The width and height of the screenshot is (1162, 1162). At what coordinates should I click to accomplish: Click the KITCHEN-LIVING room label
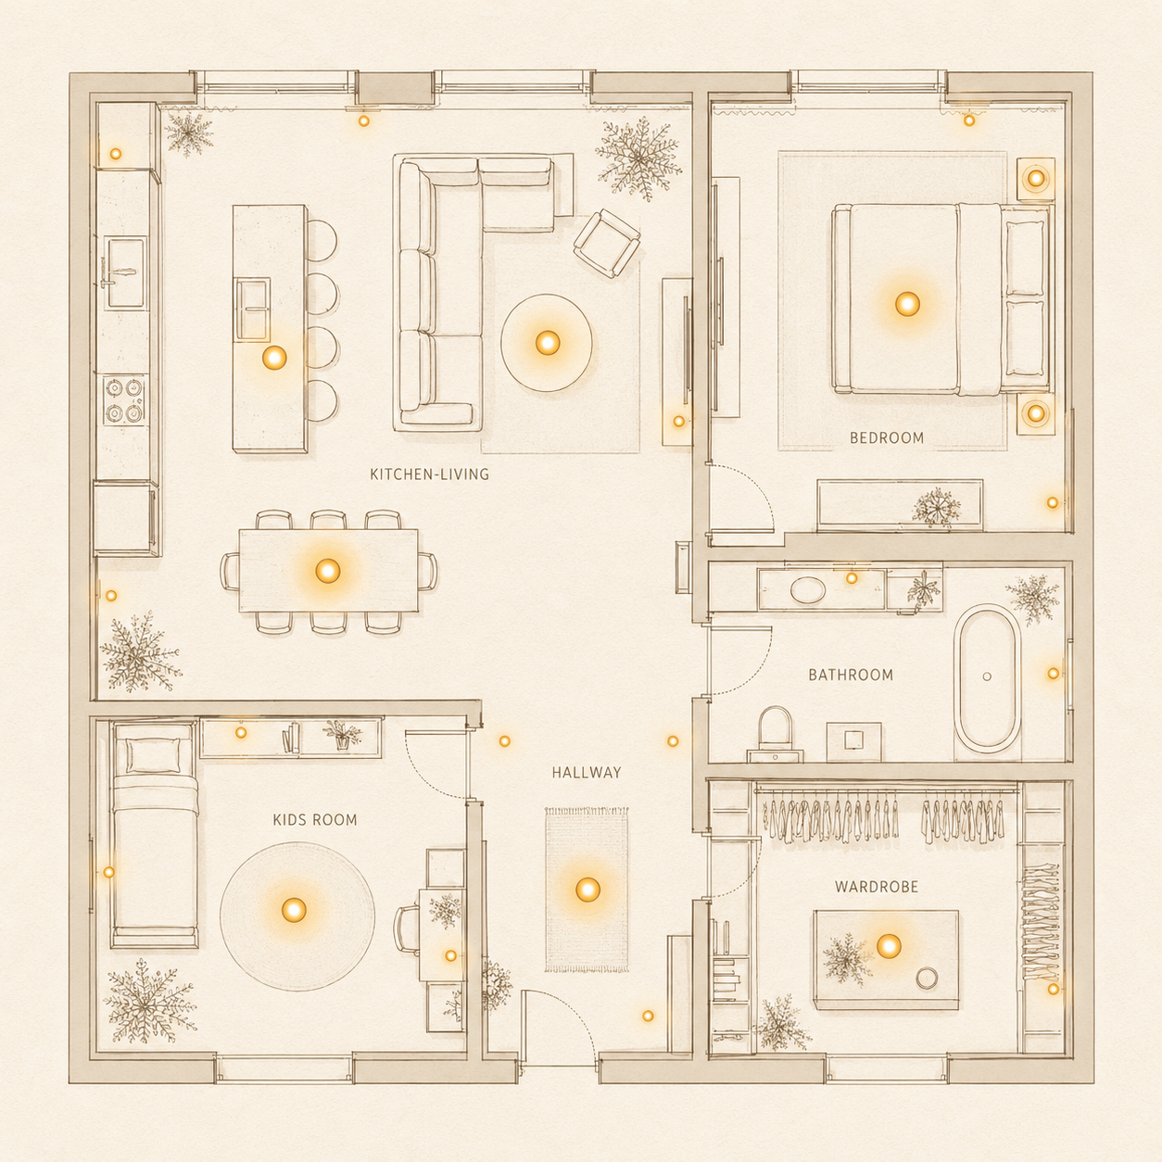coord(429,474)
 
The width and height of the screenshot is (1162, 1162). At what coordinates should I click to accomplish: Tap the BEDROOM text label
coord(887,437)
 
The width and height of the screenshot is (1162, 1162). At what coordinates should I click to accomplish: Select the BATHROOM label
coord(851,675)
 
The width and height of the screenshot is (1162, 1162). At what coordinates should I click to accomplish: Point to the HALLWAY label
coord(587,773)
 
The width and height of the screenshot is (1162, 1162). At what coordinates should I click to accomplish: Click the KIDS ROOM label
coord(315,819)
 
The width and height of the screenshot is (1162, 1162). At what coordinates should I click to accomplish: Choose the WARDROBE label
coord(877,887)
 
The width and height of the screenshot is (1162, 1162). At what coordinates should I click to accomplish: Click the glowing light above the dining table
coord(328,571)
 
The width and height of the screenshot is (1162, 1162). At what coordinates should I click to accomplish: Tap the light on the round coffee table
coord(548,343)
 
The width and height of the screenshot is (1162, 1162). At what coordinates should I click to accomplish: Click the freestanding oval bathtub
coord(987,678)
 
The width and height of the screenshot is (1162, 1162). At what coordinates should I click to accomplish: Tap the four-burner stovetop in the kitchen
coord(124,399)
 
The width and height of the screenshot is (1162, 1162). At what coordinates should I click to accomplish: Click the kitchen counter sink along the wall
coord(125,272)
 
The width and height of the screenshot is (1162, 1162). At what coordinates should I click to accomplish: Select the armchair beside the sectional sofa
coord(607,243)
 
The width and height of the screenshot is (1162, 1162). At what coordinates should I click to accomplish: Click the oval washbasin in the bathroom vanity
coord(807,589)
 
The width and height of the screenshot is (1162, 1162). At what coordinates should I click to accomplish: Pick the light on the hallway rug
coord(587,889)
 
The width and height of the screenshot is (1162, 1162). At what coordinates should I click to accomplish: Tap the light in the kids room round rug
coord(294,909)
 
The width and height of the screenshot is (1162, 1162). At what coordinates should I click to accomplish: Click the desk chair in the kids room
coord(407,929)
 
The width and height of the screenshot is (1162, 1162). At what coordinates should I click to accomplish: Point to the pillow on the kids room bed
coord(154,754)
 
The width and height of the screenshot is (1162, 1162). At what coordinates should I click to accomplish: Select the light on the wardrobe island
coord(889,946)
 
